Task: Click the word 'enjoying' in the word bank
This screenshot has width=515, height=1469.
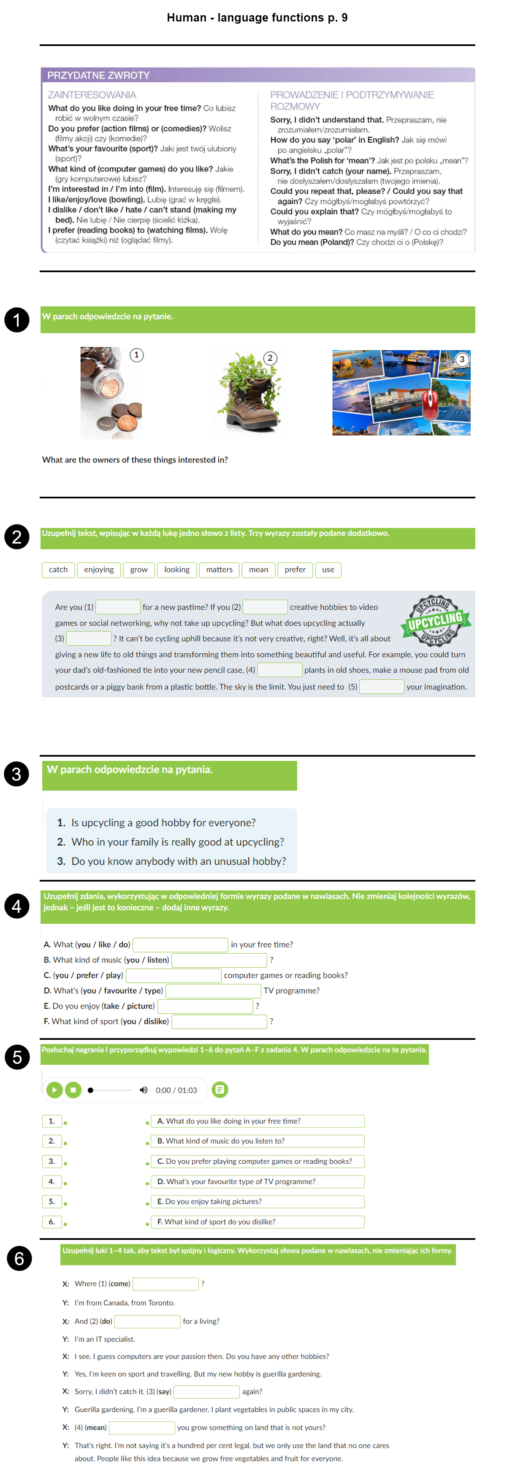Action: (x=99, y=570)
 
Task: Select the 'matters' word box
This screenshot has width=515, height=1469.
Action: (x=219, y=570)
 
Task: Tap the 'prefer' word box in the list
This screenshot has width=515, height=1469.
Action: (x=295, y=570)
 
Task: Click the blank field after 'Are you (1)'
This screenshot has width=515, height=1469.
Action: (x=118, y=607)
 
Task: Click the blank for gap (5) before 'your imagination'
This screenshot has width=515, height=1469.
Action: (x=382, y=687)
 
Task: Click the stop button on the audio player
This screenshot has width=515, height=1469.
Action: (x=73, y=1090)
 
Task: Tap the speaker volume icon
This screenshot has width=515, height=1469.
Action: (x=144, y=1090)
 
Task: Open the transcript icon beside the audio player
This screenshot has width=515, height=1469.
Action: (x=220, y=1090)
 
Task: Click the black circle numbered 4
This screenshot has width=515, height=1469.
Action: (x=16, y=906)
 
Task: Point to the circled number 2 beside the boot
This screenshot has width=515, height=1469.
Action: (x=270, y=358)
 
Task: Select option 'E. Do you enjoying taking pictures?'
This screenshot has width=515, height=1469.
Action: (x=257, y=1201)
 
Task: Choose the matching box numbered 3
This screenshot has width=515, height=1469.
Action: (x=51, y=1161)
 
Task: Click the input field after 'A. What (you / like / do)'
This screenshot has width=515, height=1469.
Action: (x=180, y=945)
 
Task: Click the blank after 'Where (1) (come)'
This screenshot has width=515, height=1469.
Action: (x=165, y=1284)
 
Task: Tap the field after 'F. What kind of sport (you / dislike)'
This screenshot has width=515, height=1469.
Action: (x=219, y=1021)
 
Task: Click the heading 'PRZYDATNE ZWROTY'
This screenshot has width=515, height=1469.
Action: (x=98, y=75)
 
